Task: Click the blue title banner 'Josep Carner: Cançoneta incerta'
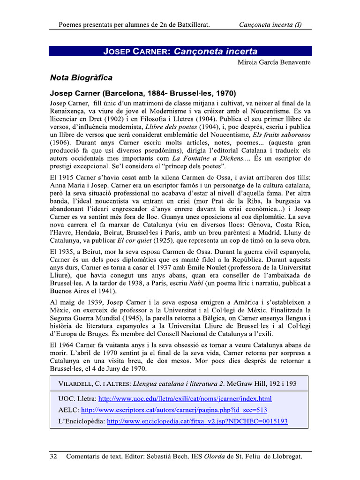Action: (180, 51)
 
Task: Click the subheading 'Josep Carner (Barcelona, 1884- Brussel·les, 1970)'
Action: (143, 93)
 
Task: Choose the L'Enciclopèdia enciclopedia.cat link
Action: (197, 421)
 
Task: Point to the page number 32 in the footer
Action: (53, 456)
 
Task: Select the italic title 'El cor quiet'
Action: (136, 240)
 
